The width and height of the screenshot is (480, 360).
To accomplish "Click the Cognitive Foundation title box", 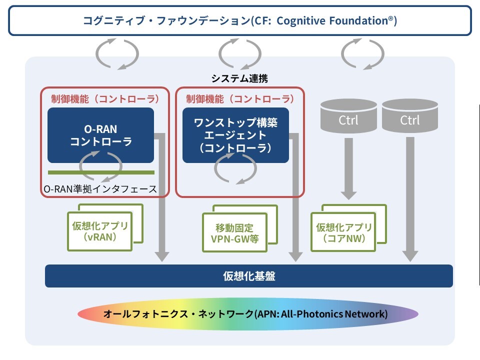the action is (240, 20).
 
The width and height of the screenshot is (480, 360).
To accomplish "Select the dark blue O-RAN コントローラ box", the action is (100, 135).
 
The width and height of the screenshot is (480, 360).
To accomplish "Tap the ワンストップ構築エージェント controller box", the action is (235, 135).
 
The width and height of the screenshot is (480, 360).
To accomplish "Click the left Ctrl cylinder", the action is (348, 116).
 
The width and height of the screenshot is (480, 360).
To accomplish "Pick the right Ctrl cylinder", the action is (410, 116).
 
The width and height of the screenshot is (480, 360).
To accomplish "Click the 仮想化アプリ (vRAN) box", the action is (100, 231).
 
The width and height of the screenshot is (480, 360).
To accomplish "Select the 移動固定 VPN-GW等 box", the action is (235, 232).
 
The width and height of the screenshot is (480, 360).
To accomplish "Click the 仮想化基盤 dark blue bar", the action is (249, 276).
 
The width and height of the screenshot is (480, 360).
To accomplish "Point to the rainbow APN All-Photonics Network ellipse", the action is (248, 314).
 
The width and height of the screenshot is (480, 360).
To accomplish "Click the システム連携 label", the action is (239, 78).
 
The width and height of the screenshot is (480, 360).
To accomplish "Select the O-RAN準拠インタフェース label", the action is (100, 189).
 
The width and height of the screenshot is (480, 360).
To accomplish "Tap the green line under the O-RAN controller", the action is (101, 172).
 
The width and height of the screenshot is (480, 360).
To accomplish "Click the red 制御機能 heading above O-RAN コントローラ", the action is (105, 99).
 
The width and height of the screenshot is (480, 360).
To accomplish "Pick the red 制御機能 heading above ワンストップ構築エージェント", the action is (240, 99).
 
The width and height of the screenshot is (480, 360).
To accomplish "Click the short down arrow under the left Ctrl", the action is (348, 168).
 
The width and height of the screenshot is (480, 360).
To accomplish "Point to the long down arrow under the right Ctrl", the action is (410, 199).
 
